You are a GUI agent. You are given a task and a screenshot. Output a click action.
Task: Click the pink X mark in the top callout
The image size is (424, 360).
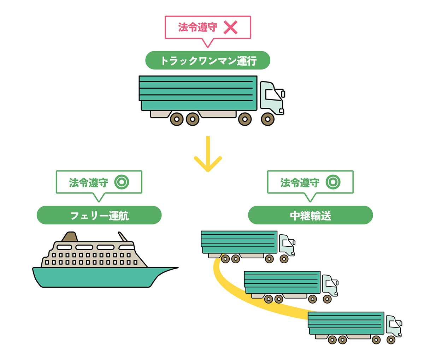[230, 28]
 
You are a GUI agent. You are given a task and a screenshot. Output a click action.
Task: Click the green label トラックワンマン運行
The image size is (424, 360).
[208, 61]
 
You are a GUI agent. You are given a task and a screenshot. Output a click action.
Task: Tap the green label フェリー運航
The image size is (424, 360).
[99, 215]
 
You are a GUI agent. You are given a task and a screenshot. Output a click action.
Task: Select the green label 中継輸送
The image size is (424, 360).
[310, 215]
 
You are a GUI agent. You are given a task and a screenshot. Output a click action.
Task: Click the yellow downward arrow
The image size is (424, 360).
[208, 155]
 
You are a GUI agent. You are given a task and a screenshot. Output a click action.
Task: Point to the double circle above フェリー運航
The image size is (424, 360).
[122, 182]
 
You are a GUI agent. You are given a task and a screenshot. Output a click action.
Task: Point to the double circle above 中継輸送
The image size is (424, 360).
[333, 182]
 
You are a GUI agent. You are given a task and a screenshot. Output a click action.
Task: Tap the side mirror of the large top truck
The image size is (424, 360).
[283, 94]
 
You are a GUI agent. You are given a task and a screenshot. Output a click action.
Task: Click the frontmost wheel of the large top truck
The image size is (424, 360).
[268, 119]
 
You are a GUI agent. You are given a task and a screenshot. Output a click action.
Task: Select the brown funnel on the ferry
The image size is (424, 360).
[70, 237]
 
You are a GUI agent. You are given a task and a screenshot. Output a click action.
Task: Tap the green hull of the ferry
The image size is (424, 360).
[95, 277]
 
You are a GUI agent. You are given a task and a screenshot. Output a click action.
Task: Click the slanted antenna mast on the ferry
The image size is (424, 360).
[123, 236]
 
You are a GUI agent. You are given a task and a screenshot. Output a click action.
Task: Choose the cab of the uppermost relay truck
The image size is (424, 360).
[286, 245]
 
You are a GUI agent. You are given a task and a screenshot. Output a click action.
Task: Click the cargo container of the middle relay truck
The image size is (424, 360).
[282, 282]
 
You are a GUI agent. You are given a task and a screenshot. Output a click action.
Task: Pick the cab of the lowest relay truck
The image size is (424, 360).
[393, 326]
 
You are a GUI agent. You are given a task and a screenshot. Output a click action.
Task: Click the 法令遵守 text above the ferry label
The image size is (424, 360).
[89, 182]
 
